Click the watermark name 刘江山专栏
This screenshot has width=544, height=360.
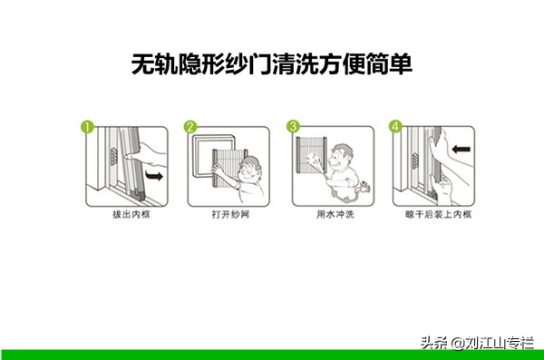pyautogui.click(x=501, y=344)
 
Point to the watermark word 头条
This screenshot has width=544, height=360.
pyautogui.click(x=430, y=344)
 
